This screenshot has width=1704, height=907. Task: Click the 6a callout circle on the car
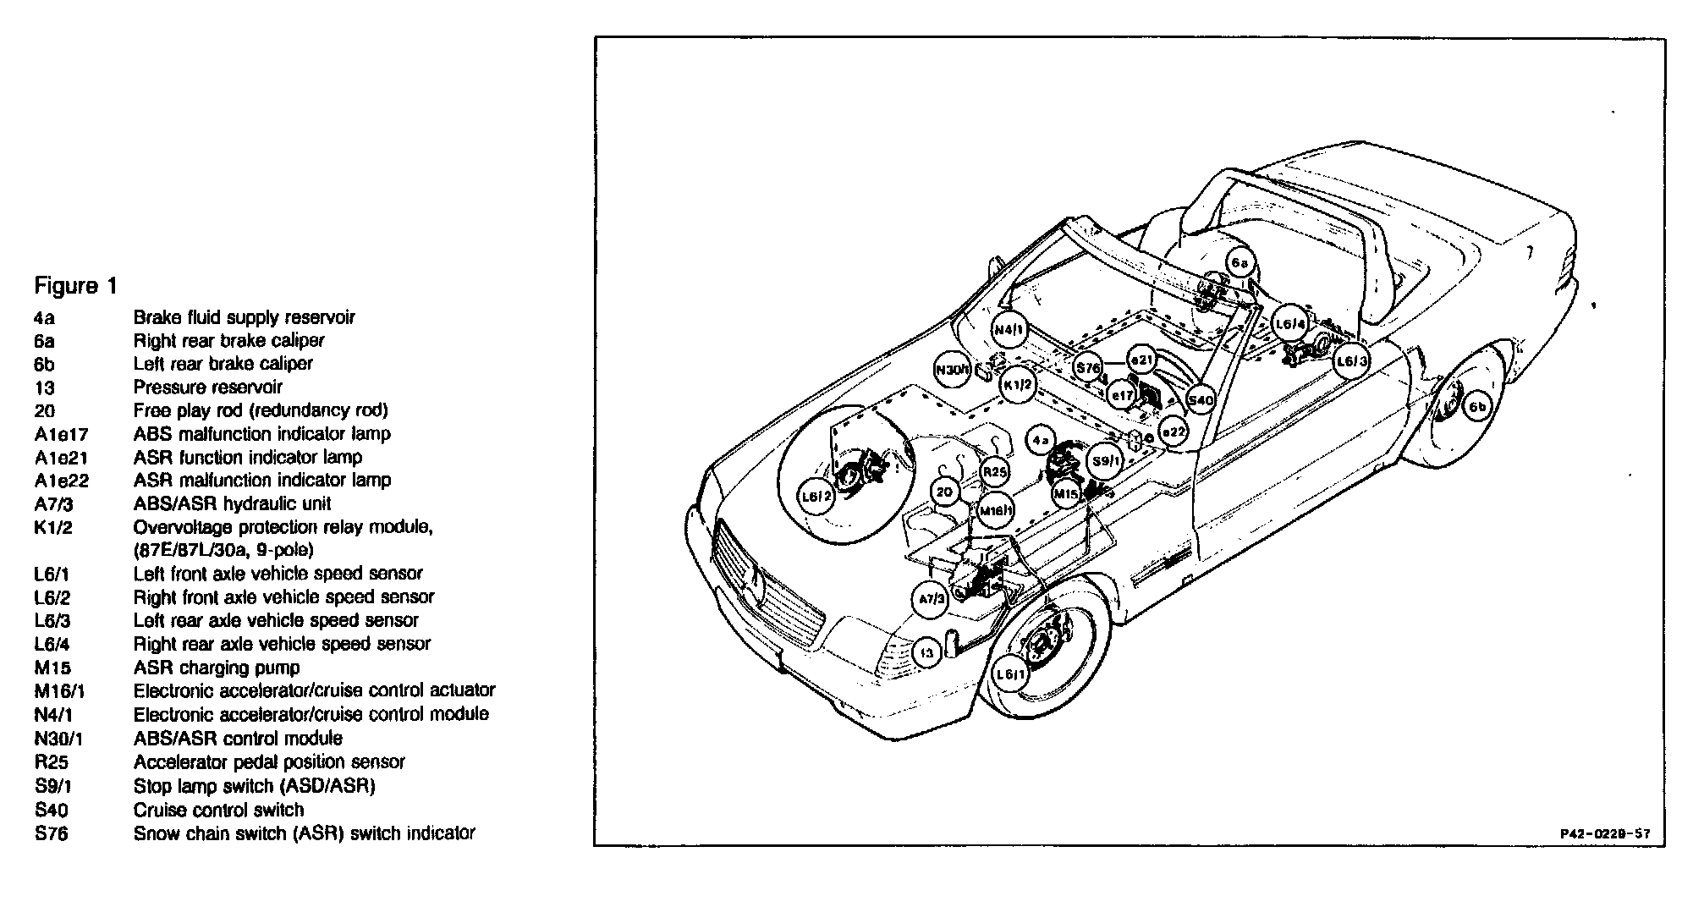click(x=1239, y=263)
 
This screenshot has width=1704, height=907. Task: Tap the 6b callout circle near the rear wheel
click(x=1476, y=407)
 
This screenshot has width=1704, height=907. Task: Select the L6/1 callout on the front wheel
click(x=1011, y=674)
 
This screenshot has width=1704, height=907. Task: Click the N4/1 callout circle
click(x=1009, y=329)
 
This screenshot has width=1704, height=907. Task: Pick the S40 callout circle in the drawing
click(x=1201, y=399)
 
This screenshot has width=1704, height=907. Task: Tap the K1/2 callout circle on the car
click(x=1017, y=385)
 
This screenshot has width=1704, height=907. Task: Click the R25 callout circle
click(x=996, y=472)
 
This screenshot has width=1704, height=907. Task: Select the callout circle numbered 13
click(x=928, y=653)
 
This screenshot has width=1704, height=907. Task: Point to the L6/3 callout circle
click(x=1351, y=361)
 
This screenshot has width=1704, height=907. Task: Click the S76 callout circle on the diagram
click(x=1088, y=368)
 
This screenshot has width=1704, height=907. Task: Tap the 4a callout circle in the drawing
click(x=1041, y=440)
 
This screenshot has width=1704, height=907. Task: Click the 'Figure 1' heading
click(x=75, y=286)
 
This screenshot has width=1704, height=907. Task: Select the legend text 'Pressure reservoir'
click(x=208, y=388)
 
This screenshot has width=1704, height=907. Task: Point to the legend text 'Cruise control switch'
click(x=218, y=810)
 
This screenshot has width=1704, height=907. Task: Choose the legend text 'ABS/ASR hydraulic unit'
click(x=232, y=504)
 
